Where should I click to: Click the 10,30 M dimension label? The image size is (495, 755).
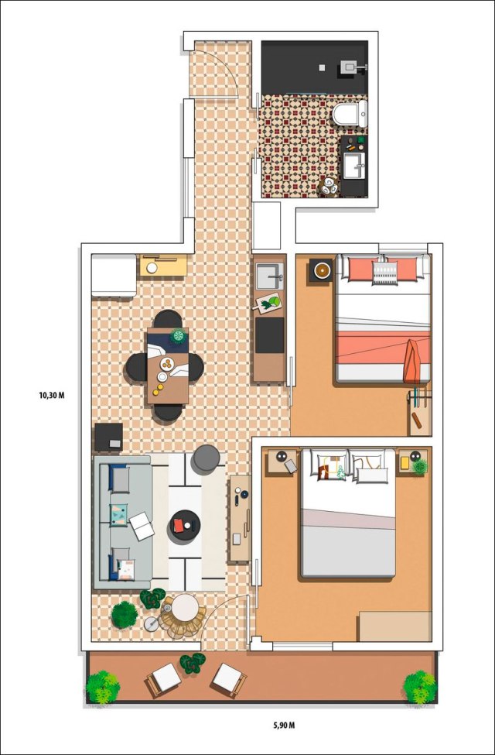click(52, 396)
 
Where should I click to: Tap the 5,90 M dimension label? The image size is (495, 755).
click(281, 724)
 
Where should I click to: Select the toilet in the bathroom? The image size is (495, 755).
click(350, 114)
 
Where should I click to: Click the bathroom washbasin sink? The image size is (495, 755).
click(354, 166)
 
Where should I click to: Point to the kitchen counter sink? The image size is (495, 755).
click(270, 276)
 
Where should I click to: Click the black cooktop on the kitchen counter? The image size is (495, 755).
click(269, 335)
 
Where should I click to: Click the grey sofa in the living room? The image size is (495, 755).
click(123, 523)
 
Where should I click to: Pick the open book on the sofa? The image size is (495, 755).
click(142, 526)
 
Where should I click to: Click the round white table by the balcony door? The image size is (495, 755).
click(185, 608)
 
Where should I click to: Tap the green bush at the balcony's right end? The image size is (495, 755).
click(420, 687)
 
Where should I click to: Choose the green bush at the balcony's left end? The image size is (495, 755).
click(103, 687)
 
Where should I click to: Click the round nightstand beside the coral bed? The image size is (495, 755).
click(321, 270)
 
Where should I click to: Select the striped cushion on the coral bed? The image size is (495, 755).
click(385, 273)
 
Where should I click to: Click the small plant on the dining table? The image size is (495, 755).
click(179, 335)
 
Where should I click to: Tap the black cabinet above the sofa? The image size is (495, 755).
click(108, 438)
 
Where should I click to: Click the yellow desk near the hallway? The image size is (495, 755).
click(163, 266)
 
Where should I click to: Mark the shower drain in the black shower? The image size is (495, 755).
click(322, 67)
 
